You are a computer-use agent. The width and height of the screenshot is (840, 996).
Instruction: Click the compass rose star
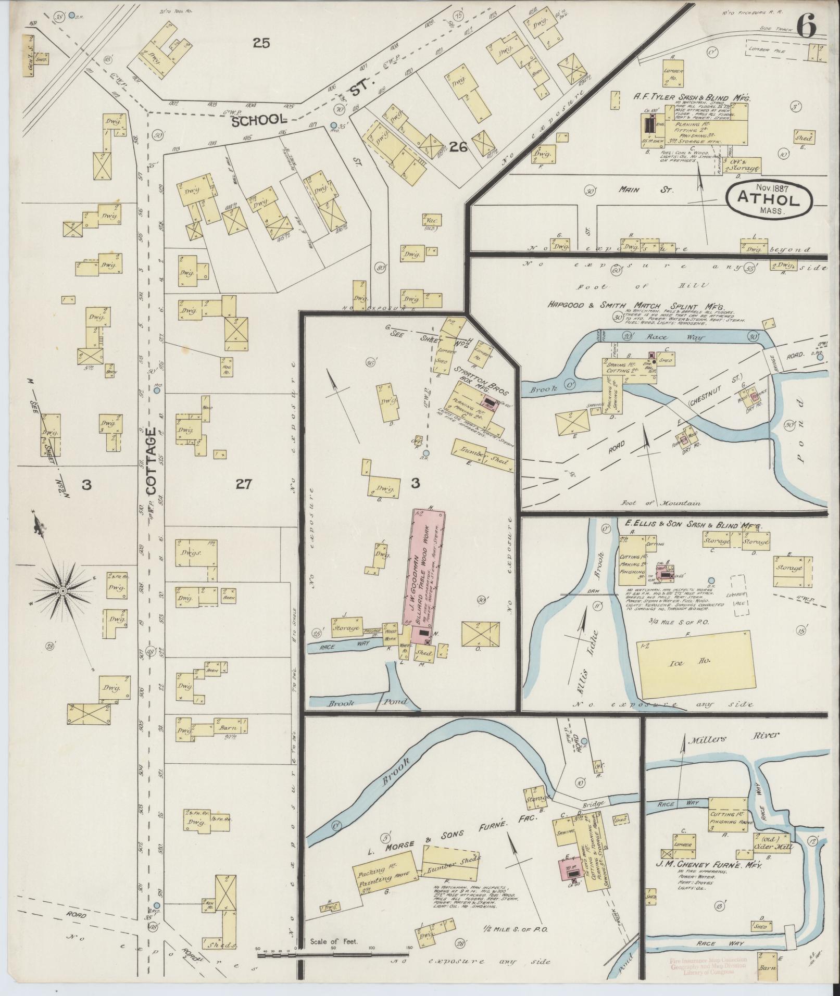coord(62,590)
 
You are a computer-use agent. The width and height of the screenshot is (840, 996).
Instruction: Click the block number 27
coord(243,485)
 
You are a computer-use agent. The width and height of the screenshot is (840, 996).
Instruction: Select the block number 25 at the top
coord(261,43)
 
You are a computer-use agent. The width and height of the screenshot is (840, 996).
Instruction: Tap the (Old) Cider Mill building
coord(772,843)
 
